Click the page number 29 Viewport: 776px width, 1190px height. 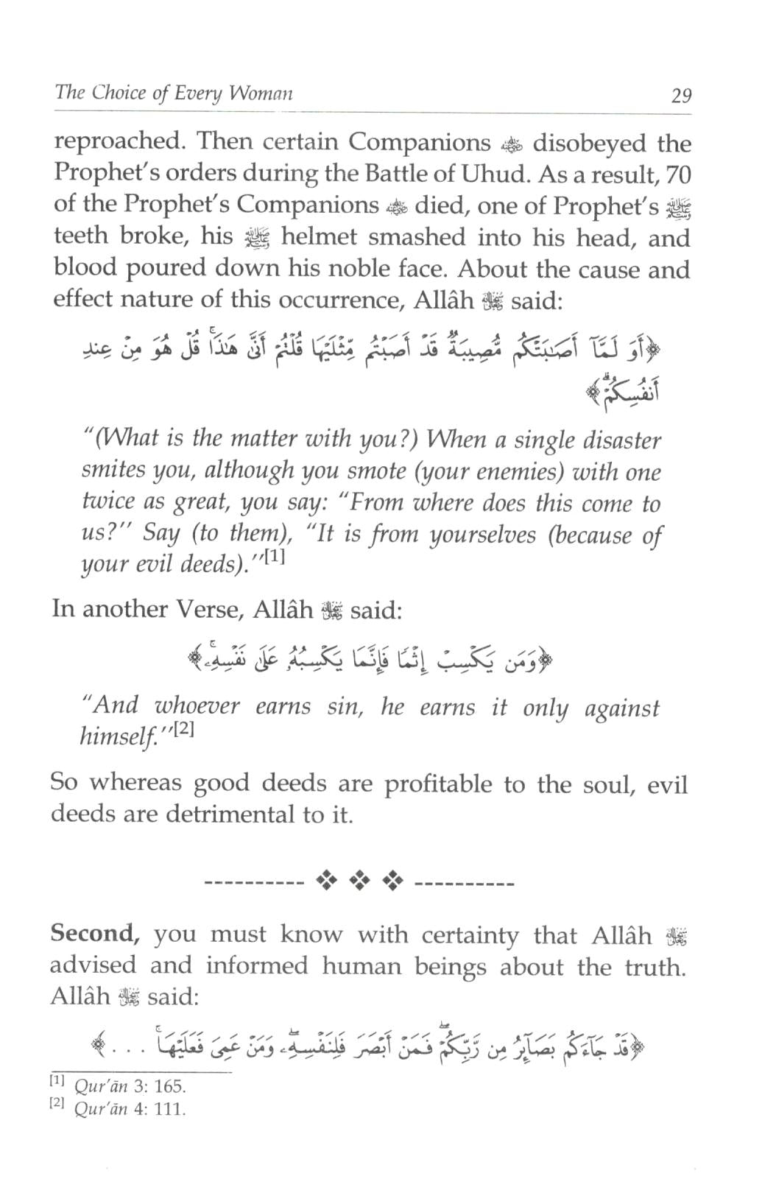pyautogui.click(x=680, y=96)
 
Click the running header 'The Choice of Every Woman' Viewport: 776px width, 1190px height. pyautogui.click(x=174, y=94)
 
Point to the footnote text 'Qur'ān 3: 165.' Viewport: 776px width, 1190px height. pyautogui.click(x=130, y=1086)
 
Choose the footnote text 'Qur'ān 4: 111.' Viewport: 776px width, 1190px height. pyautogui.click(x=130, y=1108)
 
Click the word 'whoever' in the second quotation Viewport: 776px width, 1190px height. pyautogui.click(x=197, y=707)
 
